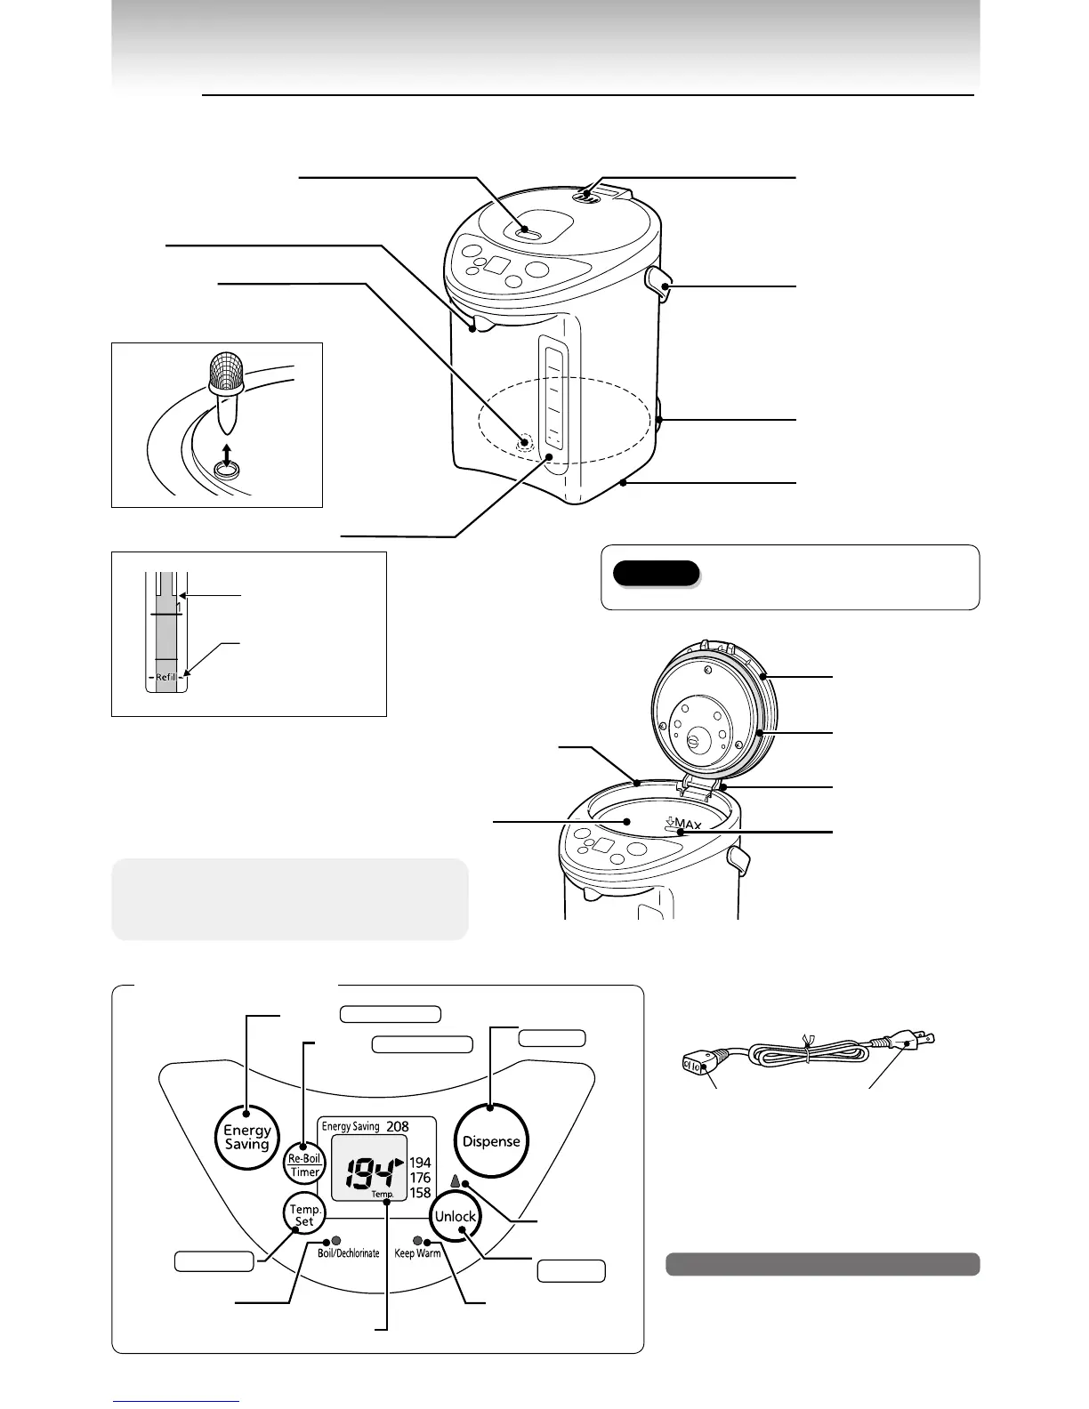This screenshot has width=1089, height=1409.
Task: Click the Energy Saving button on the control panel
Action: coord(247,1136)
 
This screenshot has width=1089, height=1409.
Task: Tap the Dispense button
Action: coord(491,1141)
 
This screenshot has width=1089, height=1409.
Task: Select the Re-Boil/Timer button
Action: coord(304,1165)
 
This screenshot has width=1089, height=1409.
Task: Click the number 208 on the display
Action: coord(398,1126)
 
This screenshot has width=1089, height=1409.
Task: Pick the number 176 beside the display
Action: coord(420,1178)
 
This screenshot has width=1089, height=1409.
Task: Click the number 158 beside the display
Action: coord(420,1193)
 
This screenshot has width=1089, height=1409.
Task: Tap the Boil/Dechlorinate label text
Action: coord(349,1253)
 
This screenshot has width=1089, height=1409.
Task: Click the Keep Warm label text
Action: coord(417,1253)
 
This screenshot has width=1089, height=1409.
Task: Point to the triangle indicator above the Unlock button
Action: coord(457,1182)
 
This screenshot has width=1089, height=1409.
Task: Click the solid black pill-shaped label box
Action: coord(656,573)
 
